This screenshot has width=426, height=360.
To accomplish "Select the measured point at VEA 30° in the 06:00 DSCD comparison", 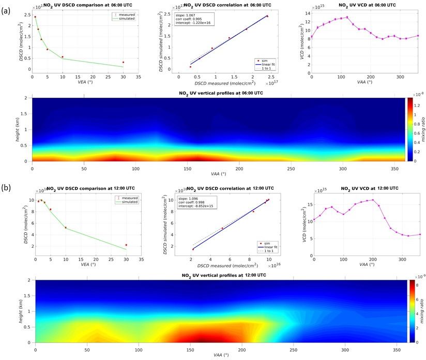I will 123,62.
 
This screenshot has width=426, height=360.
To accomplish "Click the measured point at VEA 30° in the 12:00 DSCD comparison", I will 126,245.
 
